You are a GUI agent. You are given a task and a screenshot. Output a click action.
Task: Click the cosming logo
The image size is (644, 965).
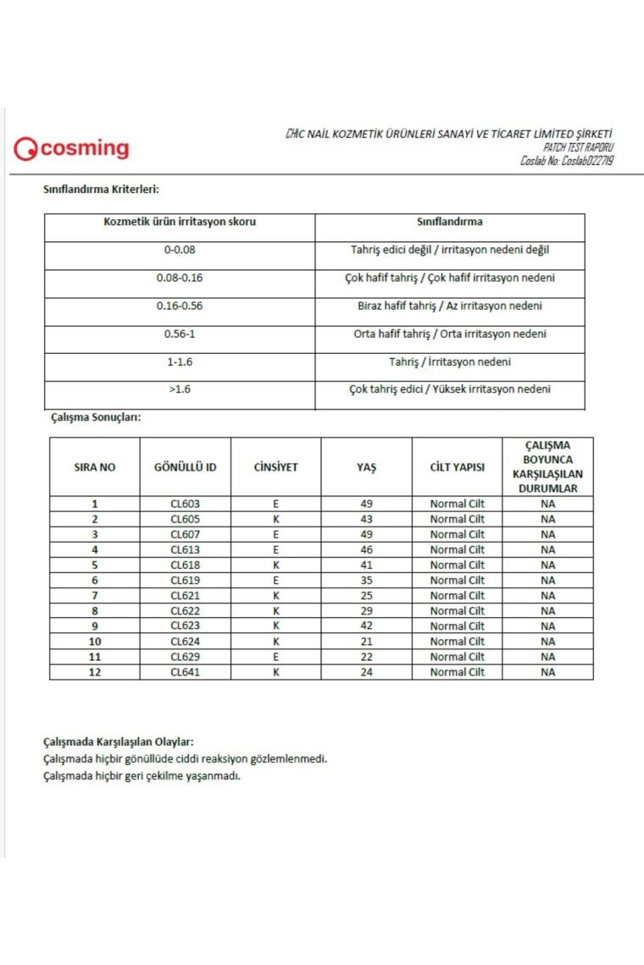(72, 149)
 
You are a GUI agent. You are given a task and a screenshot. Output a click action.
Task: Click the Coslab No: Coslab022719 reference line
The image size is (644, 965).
(567, 161)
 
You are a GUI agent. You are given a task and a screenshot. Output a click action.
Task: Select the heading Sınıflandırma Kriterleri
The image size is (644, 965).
(101, 189)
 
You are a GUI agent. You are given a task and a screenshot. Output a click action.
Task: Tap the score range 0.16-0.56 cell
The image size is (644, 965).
(180, 306)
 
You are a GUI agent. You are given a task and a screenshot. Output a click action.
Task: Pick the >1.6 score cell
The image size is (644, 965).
(180, 389)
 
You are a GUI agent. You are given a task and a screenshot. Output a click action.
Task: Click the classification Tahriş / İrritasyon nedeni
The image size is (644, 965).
(450, 361)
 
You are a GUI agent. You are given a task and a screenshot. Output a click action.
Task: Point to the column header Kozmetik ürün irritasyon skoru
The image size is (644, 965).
(180, 222)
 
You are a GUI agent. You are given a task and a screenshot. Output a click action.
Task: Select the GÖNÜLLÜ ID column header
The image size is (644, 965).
(185, 467)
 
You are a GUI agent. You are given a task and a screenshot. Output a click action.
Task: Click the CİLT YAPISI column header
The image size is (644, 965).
(457, 467)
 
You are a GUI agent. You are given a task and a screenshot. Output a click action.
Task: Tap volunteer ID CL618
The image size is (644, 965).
(185, 565)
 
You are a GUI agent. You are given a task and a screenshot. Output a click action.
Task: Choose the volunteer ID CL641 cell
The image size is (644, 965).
(185, 672)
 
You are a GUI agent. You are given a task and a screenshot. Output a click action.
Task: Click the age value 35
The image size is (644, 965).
(366, 580)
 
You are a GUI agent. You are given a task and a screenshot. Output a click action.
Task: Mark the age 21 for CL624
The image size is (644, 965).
(366, 642)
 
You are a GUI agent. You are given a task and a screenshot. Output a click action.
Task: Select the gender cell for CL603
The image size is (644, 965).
(275, 504)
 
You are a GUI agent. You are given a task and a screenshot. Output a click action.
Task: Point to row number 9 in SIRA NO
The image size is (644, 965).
(94, 626)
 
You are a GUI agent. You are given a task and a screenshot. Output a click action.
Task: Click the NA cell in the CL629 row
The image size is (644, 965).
(547, 657)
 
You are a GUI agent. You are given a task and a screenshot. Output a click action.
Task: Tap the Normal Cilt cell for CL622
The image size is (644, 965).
(457, 611)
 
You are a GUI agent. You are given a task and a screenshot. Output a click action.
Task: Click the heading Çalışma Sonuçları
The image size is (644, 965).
(92, 417)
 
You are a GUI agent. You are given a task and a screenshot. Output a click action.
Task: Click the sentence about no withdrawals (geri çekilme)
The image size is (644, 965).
(142, 776)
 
